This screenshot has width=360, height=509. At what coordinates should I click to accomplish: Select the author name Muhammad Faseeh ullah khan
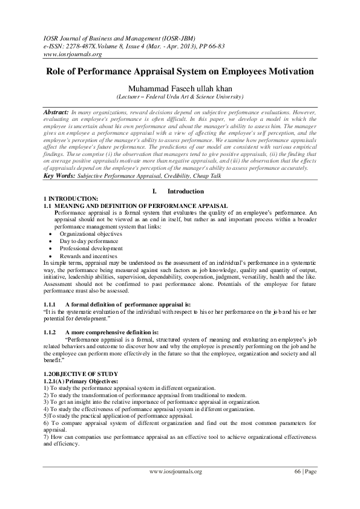tap(180, 88)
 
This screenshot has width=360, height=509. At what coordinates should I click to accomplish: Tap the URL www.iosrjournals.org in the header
tap(67, 53)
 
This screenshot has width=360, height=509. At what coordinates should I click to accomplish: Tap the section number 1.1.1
tap(50, 304)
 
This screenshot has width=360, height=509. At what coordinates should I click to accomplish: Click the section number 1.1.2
tap(50, 332)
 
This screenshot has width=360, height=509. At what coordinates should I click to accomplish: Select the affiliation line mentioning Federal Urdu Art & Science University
tap(180, 97)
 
